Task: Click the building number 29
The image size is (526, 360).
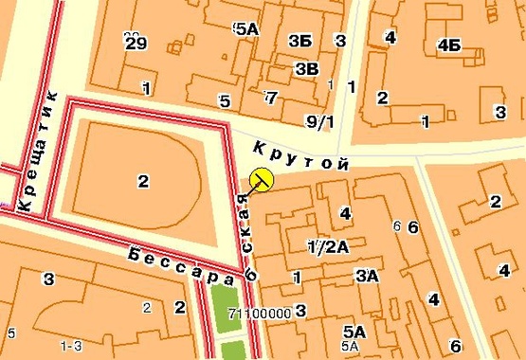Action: (136, 42)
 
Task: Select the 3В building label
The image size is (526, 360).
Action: (306, 68)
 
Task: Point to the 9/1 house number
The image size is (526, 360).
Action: (320, 121)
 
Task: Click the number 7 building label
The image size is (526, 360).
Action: (271, 97)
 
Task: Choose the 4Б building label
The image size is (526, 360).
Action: (448, 45)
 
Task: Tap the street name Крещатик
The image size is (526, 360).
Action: (39, 152)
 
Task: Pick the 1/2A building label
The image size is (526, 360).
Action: (328, 246)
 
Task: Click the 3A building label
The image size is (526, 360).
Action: (366, 276)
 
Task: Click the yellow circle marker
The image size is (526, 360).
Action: (261, 178)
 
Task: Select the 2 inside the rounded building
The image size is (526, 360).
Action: (143, 181)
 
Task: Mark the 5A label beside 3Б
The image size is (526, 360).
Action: (245, 28)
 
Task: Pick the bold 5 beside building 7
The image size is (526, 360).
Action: (225, 100)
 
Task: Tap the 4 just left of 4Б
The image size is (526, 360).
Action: (389, 36)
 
